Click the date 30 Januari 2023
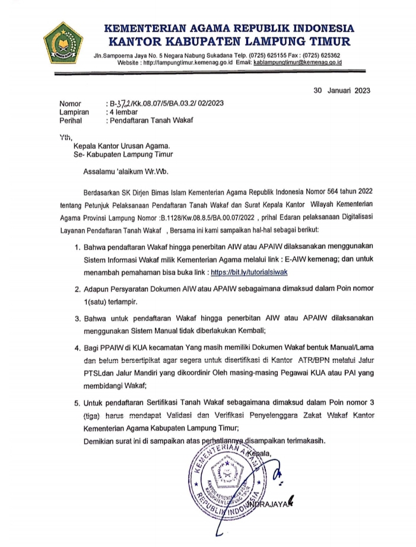coord(342,90)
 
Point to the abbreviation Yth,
coord(65,137)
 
